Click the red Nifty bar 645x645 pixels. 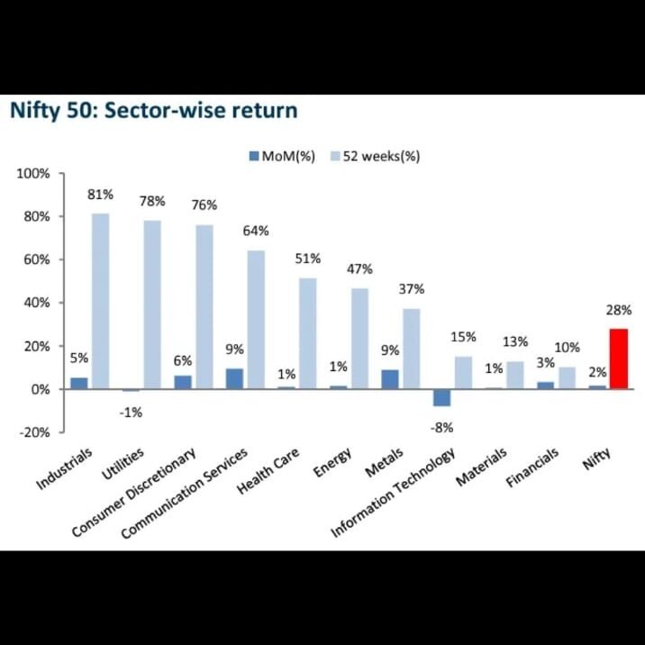point(618,359)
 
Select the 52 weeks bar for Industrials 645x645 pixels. point(100,301)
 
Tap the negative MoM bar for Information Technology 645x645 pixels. point(441,397)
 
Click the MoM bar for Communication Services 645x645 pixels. point(233,379)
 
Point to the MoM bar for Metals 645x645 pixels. point(389,379)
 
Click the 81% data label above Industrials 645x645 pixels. point(99,195)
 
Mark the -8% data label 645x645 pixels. point(441,427)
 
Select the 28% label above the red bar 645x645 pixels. point(619,310)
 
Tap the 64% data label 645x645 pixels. point(256,232)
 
